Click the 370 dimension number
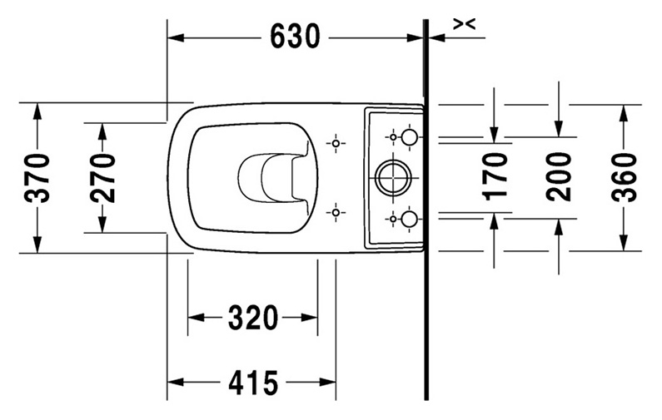pos(37,178)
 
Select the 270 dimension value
pos(102,178)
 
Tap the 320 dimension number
pos(253,318)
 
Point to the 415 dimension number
pos(253,383)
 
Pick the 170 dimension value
pos(495,175)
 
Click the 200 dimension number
pos(558,176)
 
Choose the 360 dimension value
pos(624,177)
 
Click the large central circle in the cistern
pos(393,177)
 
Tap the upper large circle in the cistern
pos(409,137)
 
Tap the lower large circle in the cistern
pos(409,219)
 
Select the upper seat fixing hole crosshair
pos(336,143)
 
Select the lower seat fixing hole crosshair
pos(336,213)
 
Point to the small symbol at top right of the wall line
pos(465,24)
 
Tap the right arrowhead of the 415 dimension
pos(327,383)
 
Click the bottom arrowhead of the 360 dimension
pos(624,243)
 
